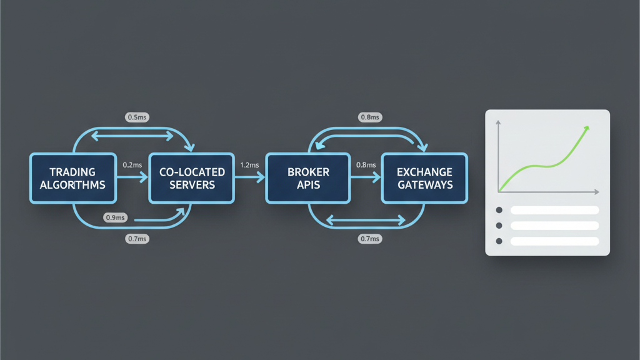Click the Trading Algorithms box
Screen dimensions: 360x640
(73, 178)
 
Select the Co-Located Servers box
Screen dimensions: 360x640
(191, 178)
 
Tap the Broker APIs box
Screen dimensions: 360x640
(308, 178)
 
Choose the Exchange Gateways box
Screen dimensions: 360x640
(424, 178)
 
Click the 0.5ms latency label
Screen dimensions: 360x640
(137, 117)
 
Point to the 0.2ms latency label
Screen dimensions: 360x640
(132, 165)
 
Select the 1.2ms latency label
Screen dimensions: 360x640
(250, 165)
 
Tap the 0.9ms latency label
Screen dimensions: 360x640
(116, 217)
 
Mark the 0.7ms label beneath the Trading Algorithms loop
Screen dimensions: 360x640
(137, 239)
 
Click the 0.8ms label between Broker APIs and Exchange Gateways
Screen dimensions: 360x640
(366, 165)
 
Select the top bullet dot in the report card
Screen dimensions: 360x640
(499, 211)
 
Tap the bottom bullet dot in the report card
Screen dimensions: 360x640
(499, 241)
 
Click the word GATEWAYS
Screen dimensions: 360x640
(424, 185)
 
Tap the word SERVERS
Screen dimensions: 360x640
(191, 185)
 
